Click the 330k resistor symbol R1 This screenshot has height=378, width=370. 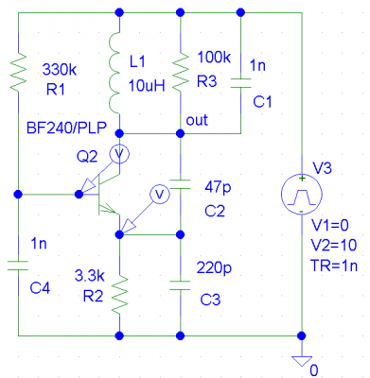(x=18, y=73)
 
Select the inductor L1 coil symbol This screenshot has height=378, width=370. (x=115, y=73)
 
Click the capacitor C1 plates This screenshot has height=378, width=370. (x=240, y=83)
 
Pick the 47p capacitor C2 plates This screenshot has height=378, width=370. (x=180, y=184)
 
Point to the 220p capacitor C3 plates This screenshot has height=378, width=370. (x=180, y=285)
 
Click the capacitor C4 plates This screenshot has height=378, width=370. (x=18, y=265)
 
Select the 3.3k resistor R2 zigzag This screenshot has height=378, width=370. (x=120, y=295)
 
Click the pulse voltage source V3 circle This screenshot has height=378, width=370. (x=302, y=194)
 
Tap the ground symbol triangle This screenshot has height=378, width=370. (x=302, y=361)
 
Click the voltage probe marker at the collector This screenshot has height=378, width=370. (x=119, y=154)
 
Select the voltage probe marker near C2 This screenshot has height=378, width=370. (x=160, y=194)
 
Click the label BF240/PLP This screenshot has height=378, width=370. (x=66, y=129)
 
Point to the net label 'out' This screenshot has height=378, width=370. (x=197, y=120)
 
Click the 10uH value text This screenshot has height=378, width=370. (x=147, y=85)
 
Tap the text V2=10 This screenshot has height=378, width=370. (x=334, y=246)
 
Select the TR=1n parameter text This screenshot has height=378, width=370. (x=334, y=266)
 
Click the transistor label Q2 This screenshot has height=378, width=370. (x=87, y=157)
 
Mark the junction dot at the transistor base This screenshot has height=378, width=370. (x=79, y=194)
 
